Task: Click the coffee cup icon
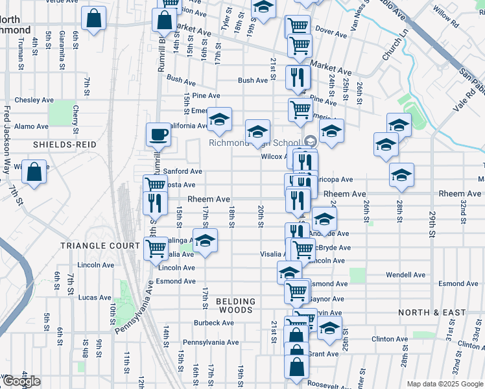coord(158,135)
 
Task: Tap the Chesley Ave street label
coord(34,100)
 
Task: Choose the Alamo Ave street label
coord(31,126)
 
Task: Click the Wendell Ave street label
coord(405,275)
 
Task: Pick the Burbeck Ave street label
coord(213,323)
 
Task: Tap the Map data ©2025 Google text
coord(444,384)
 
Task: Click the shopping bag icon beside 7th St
coord(34,172)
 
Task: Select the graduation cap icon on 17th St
coord(205,242)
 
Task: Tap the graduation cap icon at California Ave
coord(219,119)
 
